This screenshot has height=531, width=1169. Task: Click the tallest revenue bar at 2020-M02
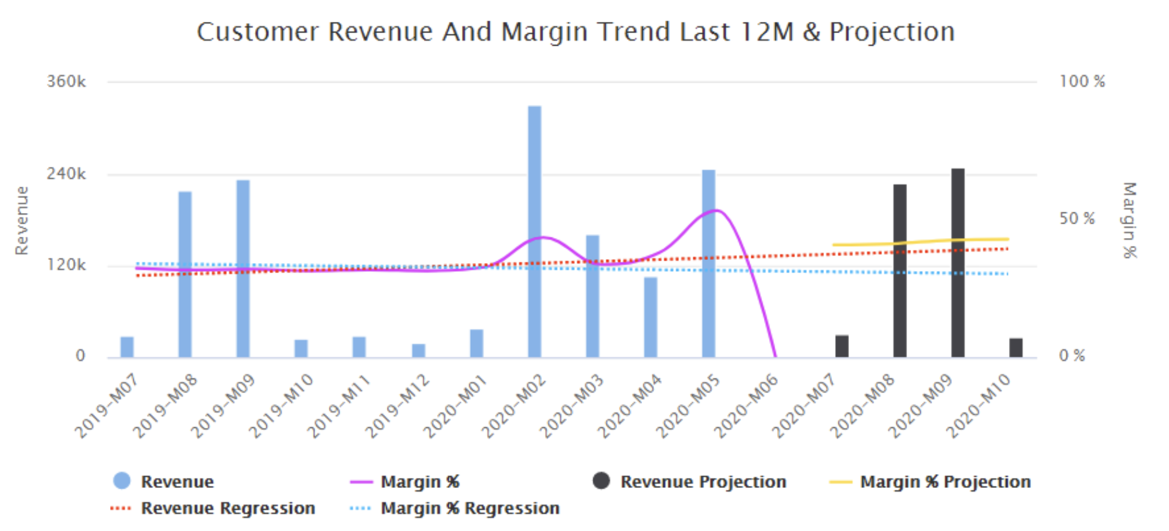coord(534,231)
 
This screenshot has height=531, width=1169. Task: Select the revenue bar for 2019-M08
coord(185,275)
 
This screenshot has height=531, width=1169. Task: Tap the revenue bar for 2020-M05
coord(708,262)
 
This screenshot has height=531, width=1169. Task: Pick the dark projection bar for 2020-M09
coord(958,262)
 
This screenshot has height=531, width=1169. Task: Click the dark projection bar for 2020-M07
coord(842,346)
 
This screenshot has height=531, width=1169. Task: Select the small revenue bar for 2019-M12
coord(418,350)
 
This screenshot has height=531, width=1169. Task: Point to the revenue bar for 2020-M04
coord(651,317)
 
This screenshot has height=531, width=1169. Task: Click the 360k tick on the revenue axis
coord(66,82)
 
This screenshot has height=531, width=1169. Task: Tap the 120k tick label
coord(66,265)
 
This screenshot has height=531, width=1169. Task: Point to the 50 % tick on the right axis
coord(1077,219)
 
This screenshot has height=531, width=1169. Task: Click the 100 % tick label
coord(1082,82)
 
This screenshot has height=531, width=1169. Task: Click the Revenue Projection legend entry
coord(703,482)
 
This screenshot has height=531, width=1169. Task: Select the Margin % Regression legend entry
coord(469,509)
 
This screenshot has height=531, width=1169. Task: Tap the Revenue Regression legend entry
coord(228,509)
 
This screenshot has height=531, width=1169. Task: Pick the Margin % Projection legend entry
coord(945,482)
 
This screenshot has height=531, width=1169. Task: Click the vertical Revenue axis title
coord(22,221)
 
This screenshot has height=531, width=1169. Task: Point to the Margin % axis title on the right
coord(1129,220)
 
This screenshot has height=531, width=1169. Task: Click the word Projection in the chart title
coord(892,32)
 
